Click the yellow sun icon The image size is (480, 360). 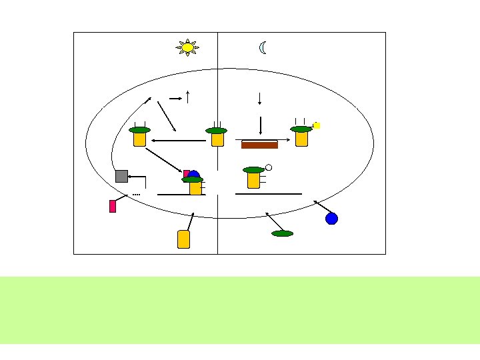[187, 47]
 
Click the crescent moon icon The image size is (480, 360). [263, 47]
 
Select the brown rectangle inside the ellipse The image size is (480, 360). [259, 145]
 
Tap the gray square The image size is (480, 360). [121, 176]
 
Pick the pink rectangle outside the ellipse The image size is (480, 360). [113, 206]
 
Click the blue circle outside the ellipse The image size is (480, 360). [331, 218]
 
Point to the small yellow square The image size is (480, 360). [317, 125]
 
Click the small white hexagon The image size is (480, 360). [268, 167]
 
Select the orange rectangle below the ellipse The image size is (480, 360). [184, 239]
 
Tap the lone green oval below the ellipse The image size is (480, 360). [282, 233]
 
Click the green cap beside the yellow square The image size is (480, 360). [301, 129]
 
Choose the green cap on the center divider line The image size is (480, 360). [217, 131]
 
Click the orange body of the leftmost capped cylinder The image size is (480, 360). [139, 139]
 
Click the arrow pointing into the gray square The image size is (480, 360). [137, 177]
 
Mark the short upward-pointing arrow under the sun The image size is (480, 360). [189, 96]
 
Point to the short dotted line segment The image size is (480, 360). [136, 194]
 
